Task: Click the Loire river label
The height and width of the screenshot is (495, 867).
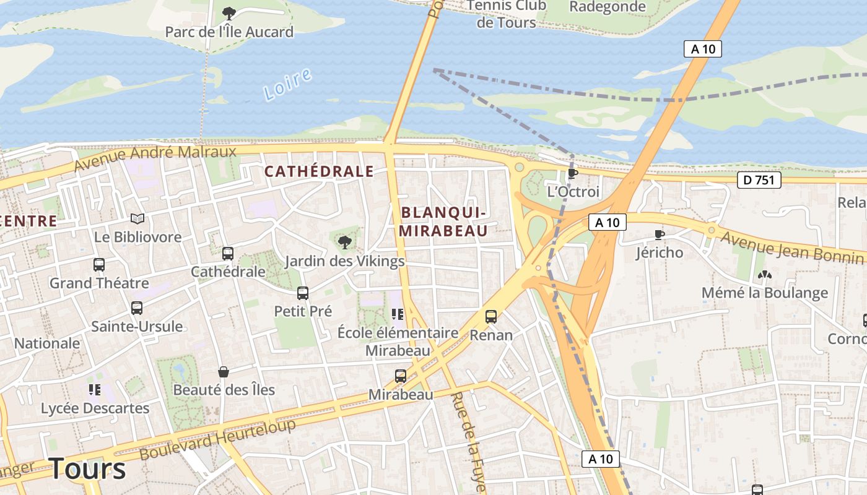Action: tap(287, 85)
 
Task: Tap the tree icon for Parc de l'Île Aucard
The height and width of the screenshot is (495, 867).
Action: tap(229, 13)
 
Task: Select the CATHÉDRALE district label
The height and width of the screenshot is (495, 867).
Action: tap(320, 171)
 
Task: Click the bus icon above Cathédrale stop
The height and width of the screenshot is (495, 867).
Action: tap(228, 253)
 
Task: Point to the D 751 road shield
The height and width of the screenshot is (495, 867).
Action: tap(759, 181)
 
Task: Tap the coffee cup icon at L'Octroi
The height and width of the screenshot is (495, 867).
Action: tap(572, 173)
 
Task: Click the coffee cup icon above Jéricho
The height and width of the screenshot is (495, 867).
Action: tap(660, 235)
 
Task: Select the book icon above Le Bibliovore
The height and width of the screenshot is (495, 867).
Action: tap(137, 218)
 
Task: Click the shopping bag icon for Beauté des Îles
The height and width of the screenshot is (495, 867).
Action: tap(224, 372)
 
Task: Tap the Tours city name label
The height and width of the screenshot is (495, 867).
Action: tap(87, 468)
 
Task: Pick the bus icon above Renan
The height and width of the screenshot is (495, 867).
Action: tap(491, 317)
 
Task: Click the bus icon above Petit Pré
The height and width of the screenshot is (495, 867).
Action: tap(303, 293)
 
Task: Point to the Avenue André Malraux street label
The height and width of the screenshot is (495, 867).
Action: tap(155, 158)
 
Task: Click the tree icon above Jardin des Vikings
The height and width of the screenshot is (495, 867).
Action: tap(345, 242)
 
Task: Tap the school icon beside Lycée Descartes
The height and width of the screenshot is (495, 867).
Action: tap(95, 389)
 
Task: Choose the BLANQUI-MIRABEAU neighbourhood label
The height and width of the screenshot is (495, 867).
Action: tap(443, 222)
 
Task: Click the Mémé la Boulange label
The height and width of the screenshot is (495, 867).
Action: tap(764, 293)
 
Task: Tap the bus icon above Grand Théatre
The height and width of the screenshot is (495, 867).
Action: tap(99, 265)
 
